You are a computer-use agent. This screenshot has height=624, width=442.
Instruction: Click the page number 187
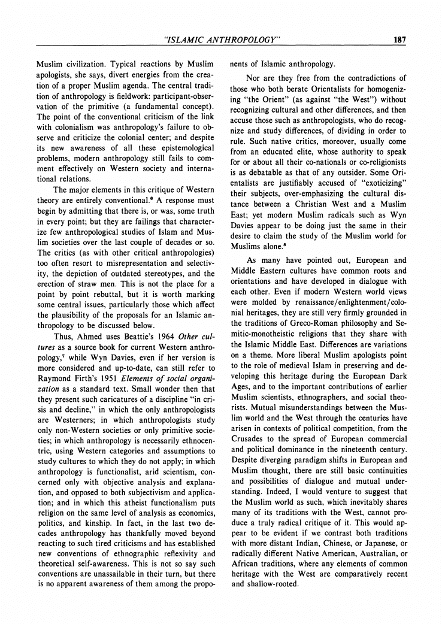coord(400,40)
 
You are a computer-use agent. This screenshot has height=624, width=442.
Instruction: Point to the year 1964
coord(159,335)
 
